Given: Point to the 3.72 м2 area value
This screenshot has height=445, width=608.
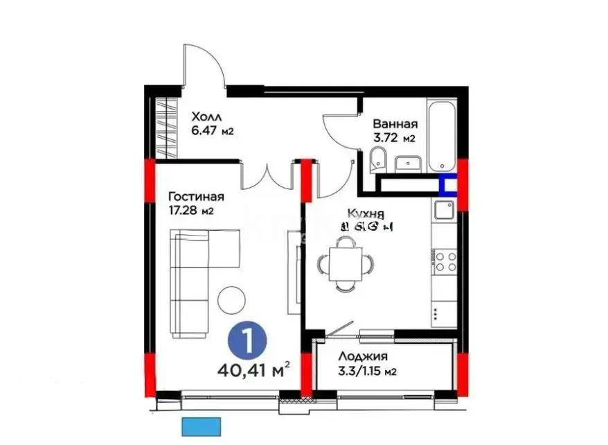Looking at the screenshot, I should click(393, 138).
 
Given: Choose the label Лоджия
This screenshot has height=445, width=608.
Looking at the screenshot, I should click(362, 357).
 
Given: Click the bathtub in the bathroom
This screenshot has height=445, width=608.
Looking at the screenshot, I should click(441, 137).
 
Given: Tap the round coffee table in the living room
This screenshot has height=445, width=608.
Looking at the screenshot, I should click(231, 299).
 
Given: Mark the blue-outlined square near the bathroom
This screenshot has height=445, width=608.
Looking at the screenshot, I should click(449, 185).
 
